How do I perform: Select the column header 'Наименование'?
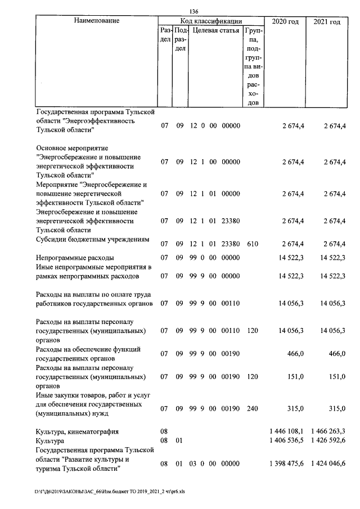[96, 21]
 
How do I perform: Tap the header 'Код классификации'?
[211, 21]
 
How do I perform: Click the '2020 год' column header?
[285, 21]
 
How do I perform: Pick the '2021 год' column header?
[327, 21]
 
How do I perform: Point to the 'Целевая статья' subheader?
[216, 30]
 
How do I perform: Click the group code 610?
[253, 244]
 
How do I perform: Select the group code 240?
[253, 408]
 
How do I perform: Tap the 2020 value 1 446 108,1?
[287, 431]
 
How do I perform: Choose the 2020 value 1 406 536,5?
[287, 442]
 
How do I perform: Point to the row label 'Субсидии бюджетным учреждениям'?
[92, 240]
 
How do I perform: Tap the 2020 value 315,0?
[296, 408]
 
